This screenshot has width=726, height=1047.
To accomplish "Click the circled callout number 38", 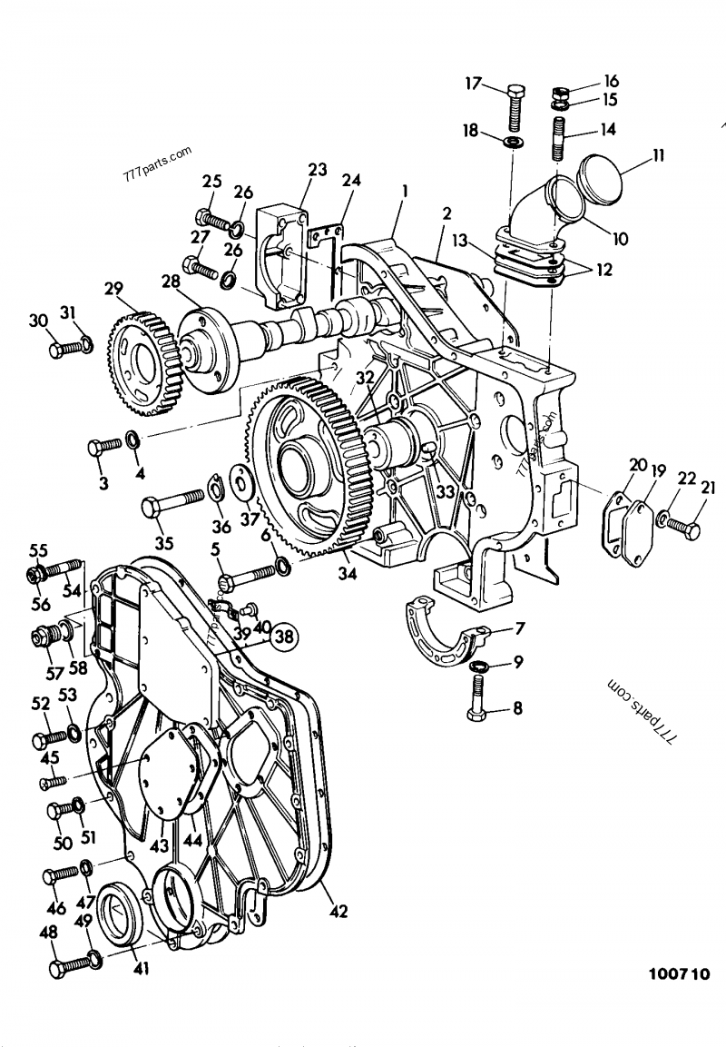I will point(284,637).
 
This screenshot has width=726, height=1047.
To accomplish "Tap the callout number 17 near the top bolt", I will point(474,84).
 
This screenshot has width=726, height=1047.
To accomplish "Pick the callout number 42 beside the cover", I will point(339,910).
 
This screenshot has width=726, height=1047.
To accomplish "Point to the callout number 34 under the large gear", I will point(348,574).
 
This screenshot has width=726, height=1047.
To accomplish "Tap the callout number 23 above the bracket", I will point(317,169).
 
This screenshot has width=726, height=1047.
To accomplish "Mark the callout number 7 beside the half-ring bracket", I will point(520,628).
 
